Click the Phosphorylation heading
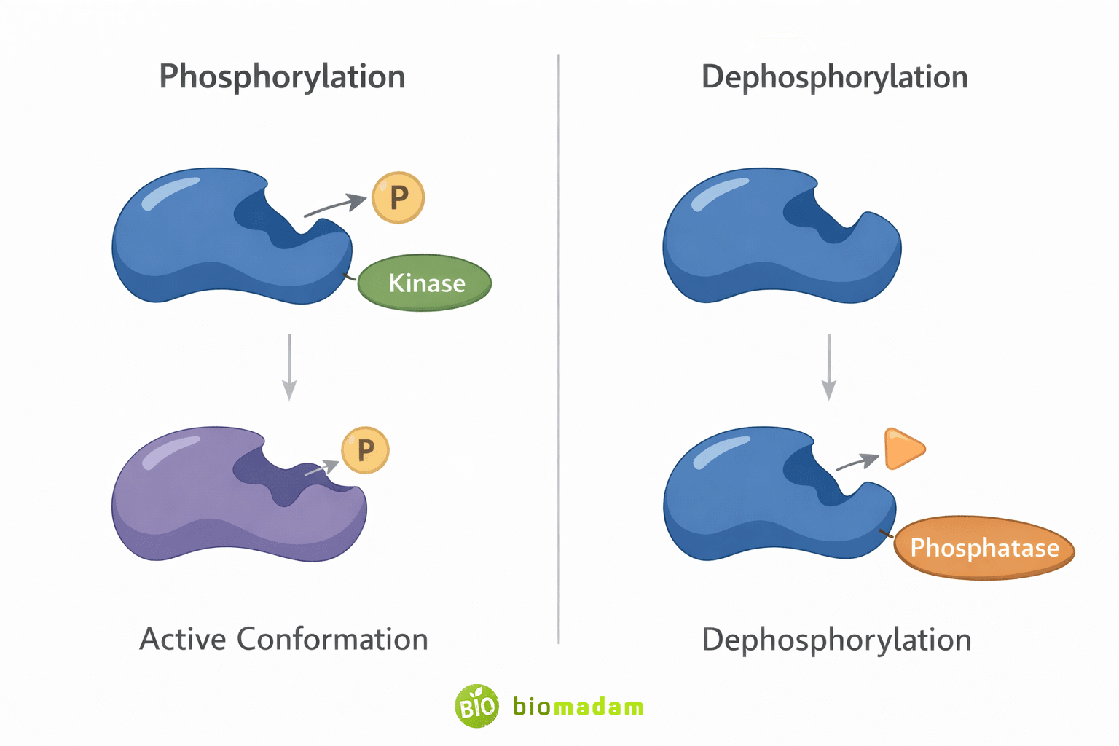282,76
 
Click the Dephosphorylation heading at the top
834,76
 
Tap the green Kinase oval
425,283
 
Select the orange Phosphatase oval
984,548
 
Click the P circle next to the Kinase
398,197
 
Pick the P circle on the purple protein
365,450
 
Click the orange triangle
902,449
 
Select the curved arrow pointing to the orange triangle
857,462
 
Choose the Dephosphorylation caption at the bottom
836,640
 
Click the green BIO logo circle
477,706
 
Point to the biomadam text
578,707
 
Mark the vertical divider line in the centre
559,350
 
